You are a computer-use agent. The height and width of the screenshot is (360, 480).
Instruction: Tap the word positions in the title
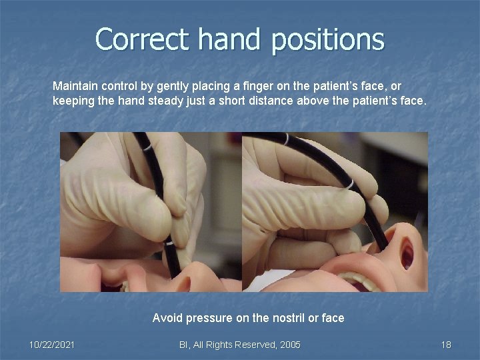pyautogui.click(x=328, y=40)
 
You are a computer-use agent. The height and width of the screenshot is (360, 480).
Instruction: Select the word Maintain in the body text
pyautogui.click(x=74, y=87)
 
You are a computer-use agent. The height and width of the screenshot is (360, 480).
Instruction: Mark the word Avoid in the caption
pyautogui.click(x=166, y=318)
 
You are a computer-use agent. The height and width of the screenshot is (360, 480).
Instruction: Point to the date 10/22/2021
pyautogui.click(x=52, y=345)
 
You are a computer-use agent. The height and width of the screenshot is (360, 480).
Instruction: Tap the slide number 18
pyautogui.click(x=446, y=345)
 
